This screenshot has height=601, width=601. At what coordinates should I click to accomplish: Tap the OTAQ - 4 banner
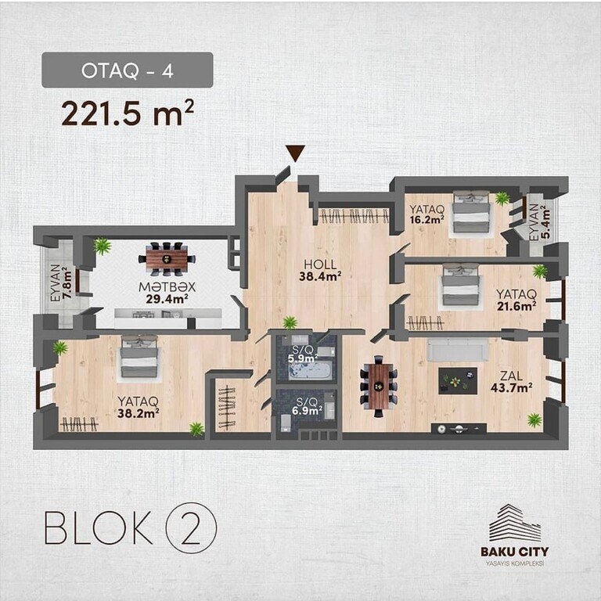(x=128, y=70)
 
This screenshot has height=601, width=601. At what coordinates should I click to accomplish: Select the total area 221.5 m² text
(x=128, y=113)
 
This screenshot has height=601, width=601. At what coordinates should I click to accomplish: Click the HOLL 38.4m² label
(x=320, y=270)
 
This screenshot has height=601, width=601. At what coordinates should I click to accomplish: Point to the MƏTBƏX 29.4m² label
(x=167, y=293)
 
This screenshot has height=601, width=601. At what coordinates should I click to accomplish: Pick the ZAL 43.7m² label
(x=511, y=382)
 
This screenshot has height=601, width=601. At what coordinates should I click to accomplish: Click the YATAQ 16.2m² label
(x=426, y=214)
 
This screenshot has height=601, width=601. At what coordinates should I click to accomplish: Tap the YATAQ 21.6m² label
(x=516, y=300)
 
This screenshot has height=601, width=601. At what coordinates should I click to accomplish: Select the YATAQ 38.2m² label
(x=139, y=407)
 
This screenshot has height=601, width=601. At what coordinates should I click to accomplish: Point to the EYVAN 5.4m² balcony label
(x=540, y=222)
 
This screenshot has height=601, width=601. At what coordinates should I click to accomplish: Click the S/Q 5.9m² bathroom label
(x=303, y=354)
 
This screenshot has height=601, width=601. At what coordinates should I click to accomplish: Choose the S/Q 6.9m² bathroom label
(x=308, y=406)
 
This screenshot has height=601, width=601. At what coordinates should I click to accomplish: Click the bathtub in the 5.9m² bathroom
(x=310, y=371)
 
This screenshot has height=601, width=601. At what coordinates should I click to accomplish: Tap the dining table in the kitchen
(x=167, y=259)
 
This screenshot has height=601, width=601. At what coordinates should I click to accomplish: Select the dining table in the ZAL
(x=379, y=387)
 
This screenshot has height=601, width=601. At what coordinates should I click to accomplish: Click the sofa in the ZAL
(x=458, y=350)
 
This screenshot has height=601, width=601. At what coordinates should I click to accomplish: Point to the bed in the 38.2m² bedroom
(x=139, y=358)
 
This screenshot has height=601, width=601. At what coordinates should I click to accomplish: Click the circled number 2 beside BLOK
(x=191, y=527)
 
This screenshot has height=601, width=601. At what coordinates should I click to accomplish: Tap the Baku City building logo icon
(x=515, y=523)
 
